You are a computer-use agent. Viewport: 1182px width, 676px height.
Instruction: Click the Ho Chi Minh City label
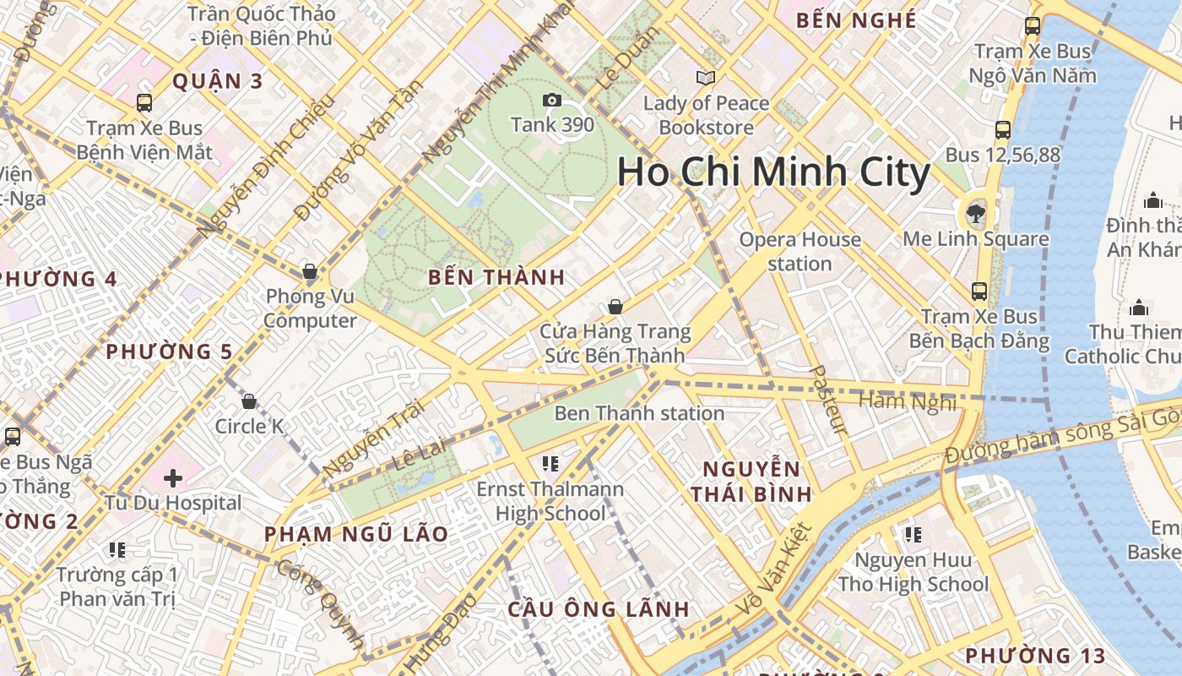point(773,172)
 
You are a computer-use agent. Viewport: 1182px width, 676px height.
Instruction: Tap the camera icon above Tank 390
point(552,101)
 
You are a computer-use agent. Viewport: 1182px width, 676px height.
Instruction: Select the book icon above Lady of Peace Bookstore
point(706,79)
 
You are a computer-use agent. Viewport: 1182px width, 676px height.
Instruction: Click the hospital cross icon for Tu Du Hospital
point(173,478)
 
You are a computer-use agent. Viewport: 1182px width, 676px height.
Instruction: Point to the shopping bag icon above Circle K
point(249,401)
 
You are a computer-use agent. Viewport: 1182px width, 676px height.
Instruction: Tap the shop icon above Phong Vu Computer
point(310,271)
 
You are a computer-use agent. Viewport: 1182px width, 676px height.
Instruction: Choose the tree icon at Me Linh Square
point(976,212)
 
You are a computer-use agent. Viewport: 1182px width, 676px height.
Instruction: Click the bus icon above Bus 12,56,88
point(1003,130)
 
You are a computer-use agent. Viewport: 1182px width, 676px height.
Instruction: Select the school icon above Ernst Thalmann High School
point(550,463)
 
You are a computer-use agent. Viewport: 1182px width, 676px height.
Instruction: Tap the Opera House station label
point(800,252)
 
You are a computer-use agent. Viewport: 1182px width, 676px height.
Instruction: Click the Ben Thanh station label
point(639,413)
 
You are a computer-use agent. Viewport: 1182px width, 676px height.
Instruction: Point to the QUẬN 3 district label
point(218,81)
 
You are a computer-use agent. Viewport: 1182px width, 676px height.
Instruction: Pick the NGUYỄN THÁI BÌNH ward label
point(751,482)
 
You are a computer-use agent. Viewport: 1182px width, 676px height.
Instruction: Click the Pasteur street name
point(827,400)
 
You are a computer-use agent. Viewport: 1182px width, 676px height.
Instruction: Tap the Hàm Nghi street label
point(908,401)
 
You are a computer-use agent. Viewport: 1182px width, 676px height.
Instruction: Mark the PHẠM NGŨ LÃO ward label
point(355,534)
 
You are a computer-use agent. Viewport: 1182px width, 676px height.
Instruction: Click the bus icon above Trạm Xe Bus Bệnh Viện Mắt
point(144,103)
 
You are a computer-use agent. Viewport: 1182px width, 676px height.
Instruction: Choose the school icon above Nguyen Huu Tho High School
point(913,535)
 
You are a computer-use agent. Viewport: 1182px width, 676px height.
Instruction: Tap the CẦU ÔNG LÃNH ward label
point(599,609)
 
